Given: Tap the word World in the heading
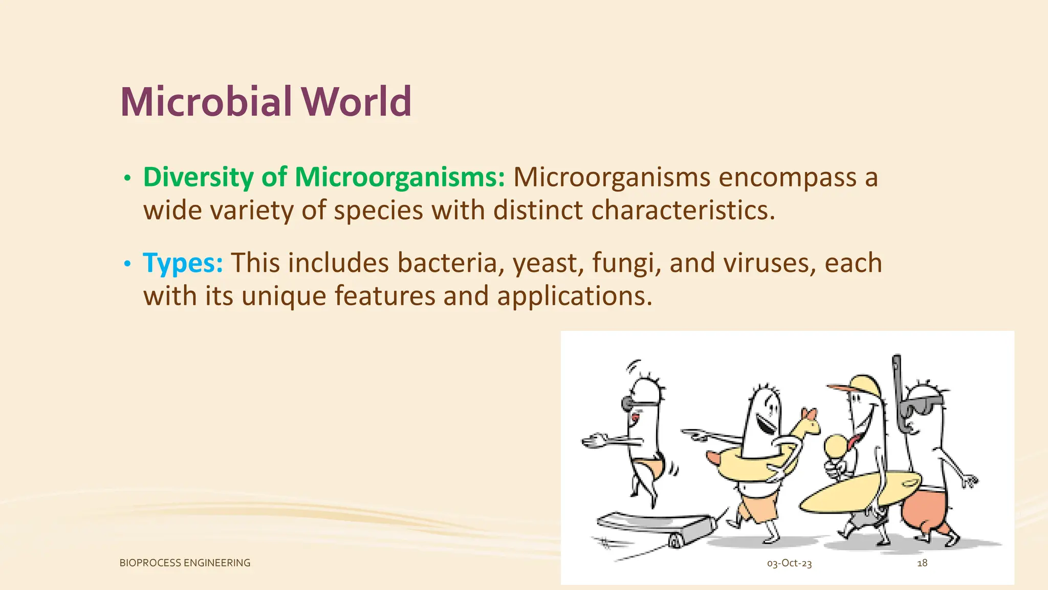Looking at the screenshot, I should pyautogui.click(x=356, y=102).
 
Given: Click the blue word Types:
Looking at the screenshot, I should pyautogui.click(x=183, y=263).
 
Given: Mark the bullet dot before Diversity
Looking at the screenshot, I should pyautogui.click(x=127, y=178).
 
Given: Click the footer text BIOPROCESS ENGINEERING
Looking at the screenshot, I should pyautogui.click(x=185, y=563).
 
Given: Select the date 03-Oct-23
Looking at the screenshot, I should pyautogui.click(x=789, y=563).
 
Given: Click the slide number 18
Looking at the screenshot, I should pyautogui.click(x=922, y=563).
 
